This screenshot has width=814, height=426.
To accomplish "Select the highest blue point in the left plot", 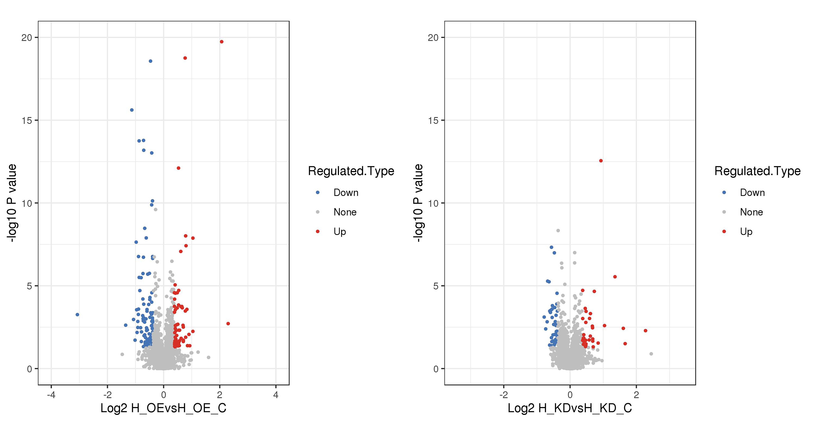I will [150, 61].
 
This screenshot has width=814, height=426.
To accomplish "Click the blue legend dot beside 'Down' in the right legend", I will [724, 192].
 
